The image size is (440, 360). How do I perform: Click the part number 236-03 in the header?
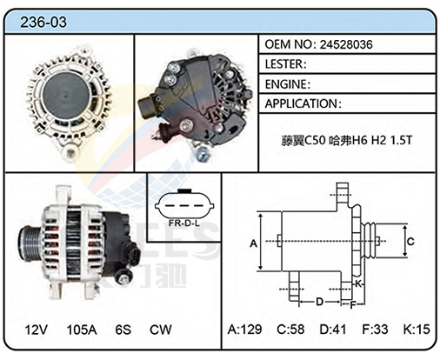[x=43, y=22]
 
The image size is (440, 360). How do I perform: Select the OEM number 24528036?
[x=346, y=44]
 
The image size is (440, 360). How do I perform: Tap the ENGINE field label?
[x=285, y=84]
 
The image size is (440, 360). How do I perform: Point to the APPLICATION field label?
[x=302, y=103]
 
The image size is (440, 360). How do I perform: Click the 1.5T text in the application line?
[x=401, y=140]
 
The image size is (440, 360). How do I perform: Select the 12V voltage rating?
[x=37, y=330]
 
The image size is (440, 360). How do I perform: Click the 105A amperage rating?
[x=82, y=330]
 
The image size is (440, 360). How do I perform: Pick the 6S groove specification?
[x=123, y=330]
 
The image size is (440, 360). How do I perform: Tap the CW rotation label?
[x=161, y=330]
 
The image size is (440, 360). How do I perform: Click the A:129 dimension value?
[x=244, y=330]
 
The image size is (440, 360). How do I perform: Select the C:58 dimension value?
[x=290, y=330]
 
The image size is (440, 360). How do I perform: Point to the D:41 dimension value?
[x=333, y=330]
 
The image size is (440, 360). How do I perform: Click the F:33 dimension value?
[x=375, y=330]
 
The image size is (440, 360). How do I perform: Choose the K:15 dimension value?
[x=417, y=330]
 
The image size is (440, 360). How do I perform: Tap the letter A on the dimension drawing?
[x=254, y=243]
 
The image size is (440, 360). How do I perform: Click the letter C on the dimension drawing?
[x=410, y=242]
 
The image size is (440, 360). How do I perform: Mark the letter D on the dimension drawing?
[x=319, y=302]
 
